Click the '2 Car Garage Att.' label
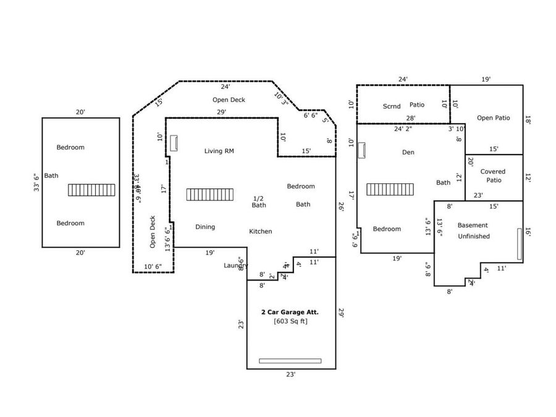click(290, 313)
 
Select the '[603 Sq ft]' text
click(290, 321)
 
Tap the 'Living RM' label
click(219, 151)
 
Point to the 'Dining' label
click(205, 227)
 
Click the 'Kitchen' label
click(260, 232)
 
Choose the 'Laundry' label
click(235, 266)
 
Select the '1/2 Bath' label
click(259, 201)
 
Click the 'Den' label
click(408, 152)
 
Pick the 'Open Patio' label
click(493, 118)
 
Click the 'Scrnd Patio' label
click(403, 106)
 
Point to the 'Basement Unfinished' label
click(473, 230)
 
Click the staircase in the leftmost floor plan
click(91, 190)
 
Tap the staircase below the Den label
click(390, 189)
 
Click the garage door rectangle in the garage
click(290, 361)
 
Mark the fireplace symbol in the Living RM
click(174, 143)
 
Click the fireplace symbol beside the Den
click(361, 150)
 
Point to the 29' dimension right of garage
click(340, 313)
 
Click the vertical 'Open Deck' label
click(153, 232)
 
